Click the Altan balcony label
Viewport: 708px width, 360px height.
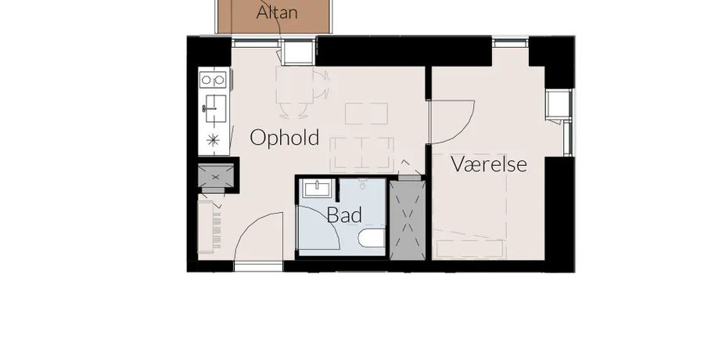pyautogui.click(x=277, y=13)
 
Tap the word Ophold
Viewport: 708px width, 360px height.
pyautogui.click(x=285, y=137)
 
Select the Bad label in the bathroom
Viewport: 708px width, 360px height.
pyautogui.click(x=344, y=215)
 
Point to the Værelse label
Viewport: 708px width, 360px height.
pyautogui.click(x=489, y=164)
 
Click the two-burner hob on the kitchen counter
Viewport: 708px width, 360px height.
pyautogui.click(x=213, y=80)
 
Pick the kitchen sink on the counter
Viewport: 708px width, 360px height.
pyautogui.click(x=215, y=109)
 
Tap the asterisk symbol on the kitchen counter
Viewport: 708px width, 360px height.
pyautogui.click(x=213, y=140)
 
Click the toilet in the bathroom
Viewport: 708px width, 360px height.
pyautogui.click(x=372, y=238)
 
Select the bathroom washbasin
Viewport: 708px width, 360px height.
pyautogui.click(x=318, y=188)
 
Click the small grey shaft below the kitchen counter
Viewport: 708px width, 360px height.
pyautogui.click(x=216, y=177)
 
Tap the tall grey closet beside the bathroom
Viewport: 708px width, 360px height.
pyautogui.click(x=408, y=221)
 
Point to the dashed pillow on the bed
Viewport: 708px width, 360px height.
pyautogui.click(x=469, y=249)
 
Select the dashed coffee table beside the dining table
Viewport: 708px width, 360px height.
pyautogui.click(x=367, y=113)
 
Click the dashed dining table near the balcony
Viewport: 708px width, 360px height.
pyautogui.click(x=295, y=87)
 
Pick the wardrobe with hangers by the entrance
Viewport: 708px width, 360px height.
pyautogui.click(x=211, y=227)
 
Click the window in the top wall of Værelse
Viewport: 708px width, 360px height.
pyautogui.click(x=510, y=43)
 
